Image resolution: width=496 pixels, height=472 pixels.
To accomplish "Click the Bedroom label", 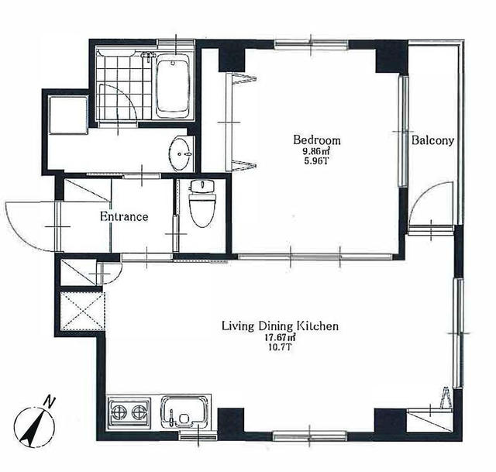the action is (x=317, y=140).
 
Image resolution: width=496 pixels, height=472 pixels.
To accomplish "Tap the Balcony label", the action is (x=432, y=140).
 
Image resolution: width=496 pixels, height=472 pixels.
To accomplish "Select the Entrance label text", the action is (x=124, y=217).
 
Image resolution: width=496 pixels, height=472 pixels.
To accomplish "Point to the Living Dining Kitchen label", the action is (x=280, y=326).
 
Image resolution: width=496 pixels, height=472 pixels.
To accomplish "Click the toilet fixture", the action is (x=202, y=203).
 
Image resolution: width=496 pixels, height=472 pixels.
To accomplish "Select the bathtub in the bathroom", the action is (x=173, y=85).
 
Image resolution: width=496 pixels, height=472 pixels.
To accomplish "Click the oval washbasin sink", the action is (x=180, y=154).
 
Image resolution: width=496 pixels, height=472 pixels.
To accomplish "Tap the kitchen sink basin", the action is (x=185, y=412).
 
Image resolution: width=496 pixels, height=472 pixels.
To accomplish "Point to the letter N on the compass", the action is (x=49, y=401).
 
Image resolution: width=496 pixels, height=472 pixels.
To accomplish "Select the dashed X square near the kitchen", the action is (x=82, y=312).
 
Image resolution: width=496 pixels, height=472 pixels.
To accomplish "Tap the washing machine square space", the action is (x=68, y=115).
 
